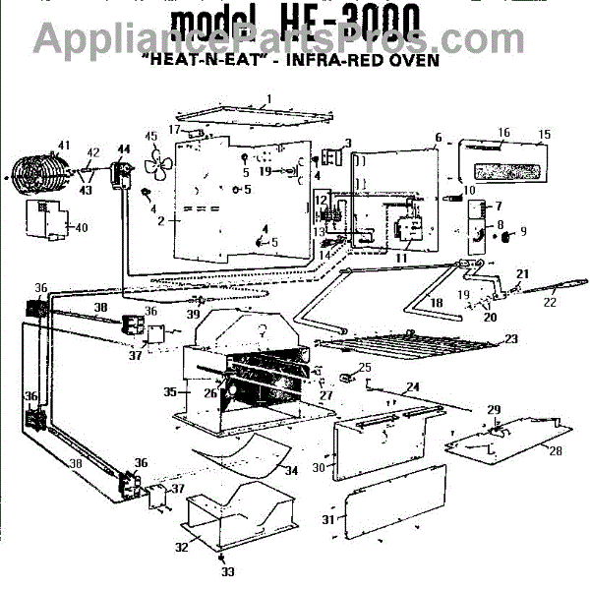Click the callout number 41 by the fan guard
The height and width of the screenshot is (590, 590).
click(64, 146)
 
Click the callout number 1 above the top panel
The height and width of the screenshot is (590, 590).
click(267, 98)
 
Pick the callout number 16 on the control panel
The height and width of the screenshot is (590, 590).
click(503, 133)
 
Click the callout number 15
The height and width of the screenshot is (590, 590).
click(545, 133)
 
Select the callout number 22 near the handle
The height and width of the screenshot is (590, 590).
click(550, 304)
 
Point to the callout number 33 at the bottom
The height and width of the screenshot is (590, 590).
click(228, 571)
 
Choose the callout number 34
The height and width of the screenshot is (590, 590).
click(291, 472)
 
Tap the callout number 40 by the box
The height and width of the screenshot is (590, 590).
click(81, 228)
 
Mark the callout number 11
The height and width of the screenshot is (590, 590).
click(399, 258)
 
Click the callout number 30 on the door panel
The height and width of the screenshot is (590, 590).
click(317, 468)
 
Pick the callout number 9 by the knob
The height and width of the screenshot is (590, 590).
click(523, 232)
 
